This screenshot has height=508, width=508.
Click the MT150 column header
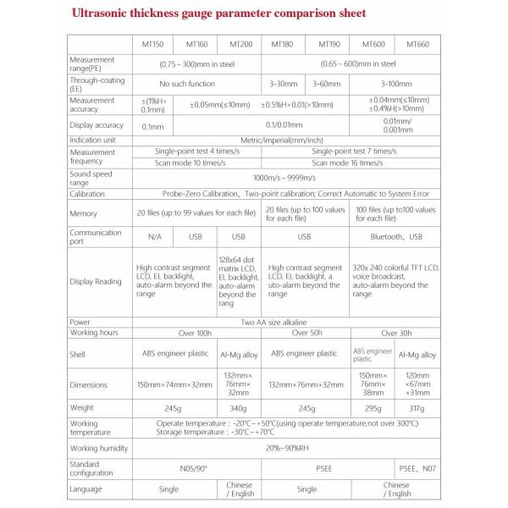152,44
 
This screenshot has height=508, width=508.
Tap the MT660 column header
419,44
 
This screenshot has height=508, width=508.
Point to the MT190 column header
328,44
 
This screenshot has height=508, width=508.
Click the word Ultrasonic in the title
104,14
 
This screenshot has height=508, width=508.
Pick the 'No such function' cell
196,84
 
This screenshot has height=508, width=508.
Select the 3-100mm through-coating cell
395,84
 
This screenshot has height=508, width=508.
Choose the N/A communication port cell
153,237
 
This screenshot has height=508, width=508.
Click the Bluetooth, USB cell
395,237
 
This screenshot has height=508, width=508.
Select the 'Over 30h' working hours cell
395,334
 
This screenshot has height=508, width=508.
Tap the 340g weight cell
240,408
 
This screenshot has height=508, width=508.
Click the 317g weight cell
419,408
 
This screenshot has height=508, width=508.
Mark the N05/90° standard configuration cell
196,468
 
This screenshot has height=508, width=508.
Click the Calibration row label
87,194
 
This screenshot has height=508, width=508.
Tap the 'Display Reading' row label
96,281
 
